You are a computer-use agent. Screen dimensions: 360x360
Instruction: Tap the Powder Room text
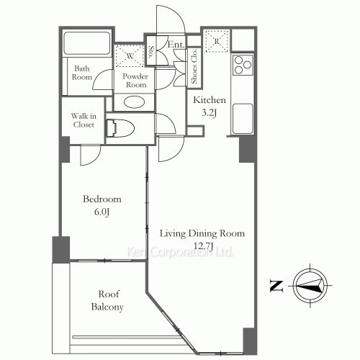point(135,80)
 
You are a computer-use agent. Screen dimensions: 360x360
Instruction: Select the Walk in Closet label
point(83,120)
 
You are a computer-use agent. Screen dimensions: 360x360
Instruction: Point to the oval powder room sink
point(135,101)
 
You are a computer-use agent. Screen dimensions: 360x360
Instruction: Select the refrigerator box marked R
point(217,42)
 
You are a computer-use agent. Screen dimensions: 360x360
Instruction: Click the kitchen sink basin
point(243,113)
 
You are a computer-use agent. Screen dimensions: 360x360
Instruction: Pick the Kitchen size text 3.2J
point(209,112)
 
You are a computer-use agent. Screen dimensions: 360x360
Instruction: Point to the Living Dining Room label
point(202,233)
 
